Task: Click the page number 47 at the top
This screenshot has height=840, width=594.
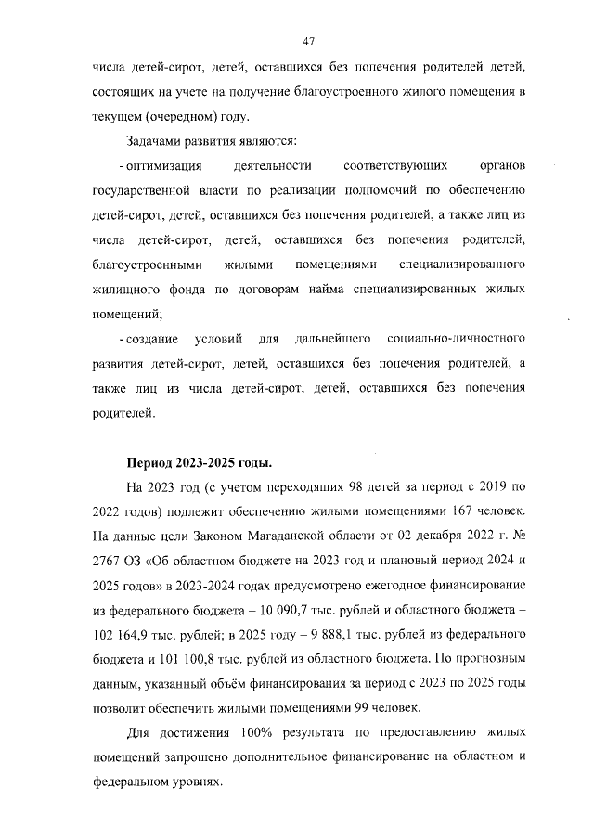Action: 310,41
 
